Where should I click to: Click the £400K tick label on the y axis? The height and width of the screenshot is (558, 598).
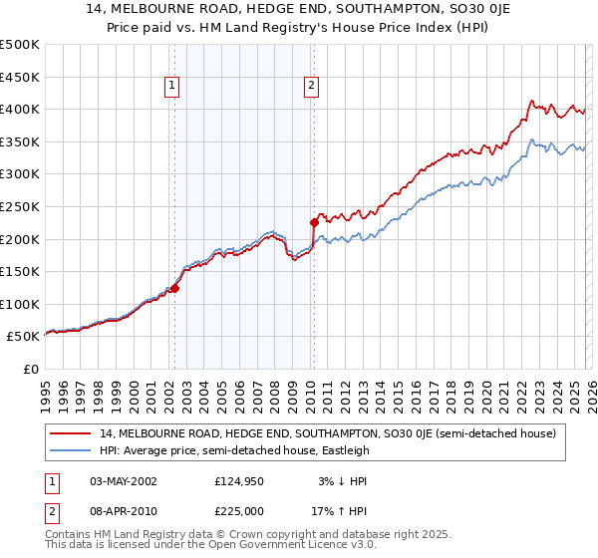coord(20,109)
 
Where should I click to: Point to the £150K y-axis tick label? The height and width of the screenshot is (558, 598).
coord(20,271)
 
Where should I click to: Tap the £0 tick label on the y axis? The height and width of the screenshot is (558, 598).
coord(32,369)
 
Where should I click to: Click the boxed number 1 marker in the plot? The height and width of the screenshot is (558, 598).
coord(173,87)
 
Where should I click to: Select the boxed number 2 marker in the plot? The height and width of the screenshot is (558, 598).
coord(312,87)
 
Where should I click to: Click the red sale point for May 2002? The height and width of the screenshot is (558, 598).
coord(174,288)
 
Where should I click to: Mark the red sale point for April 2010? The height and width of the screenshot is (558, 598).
coord(313,222)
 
